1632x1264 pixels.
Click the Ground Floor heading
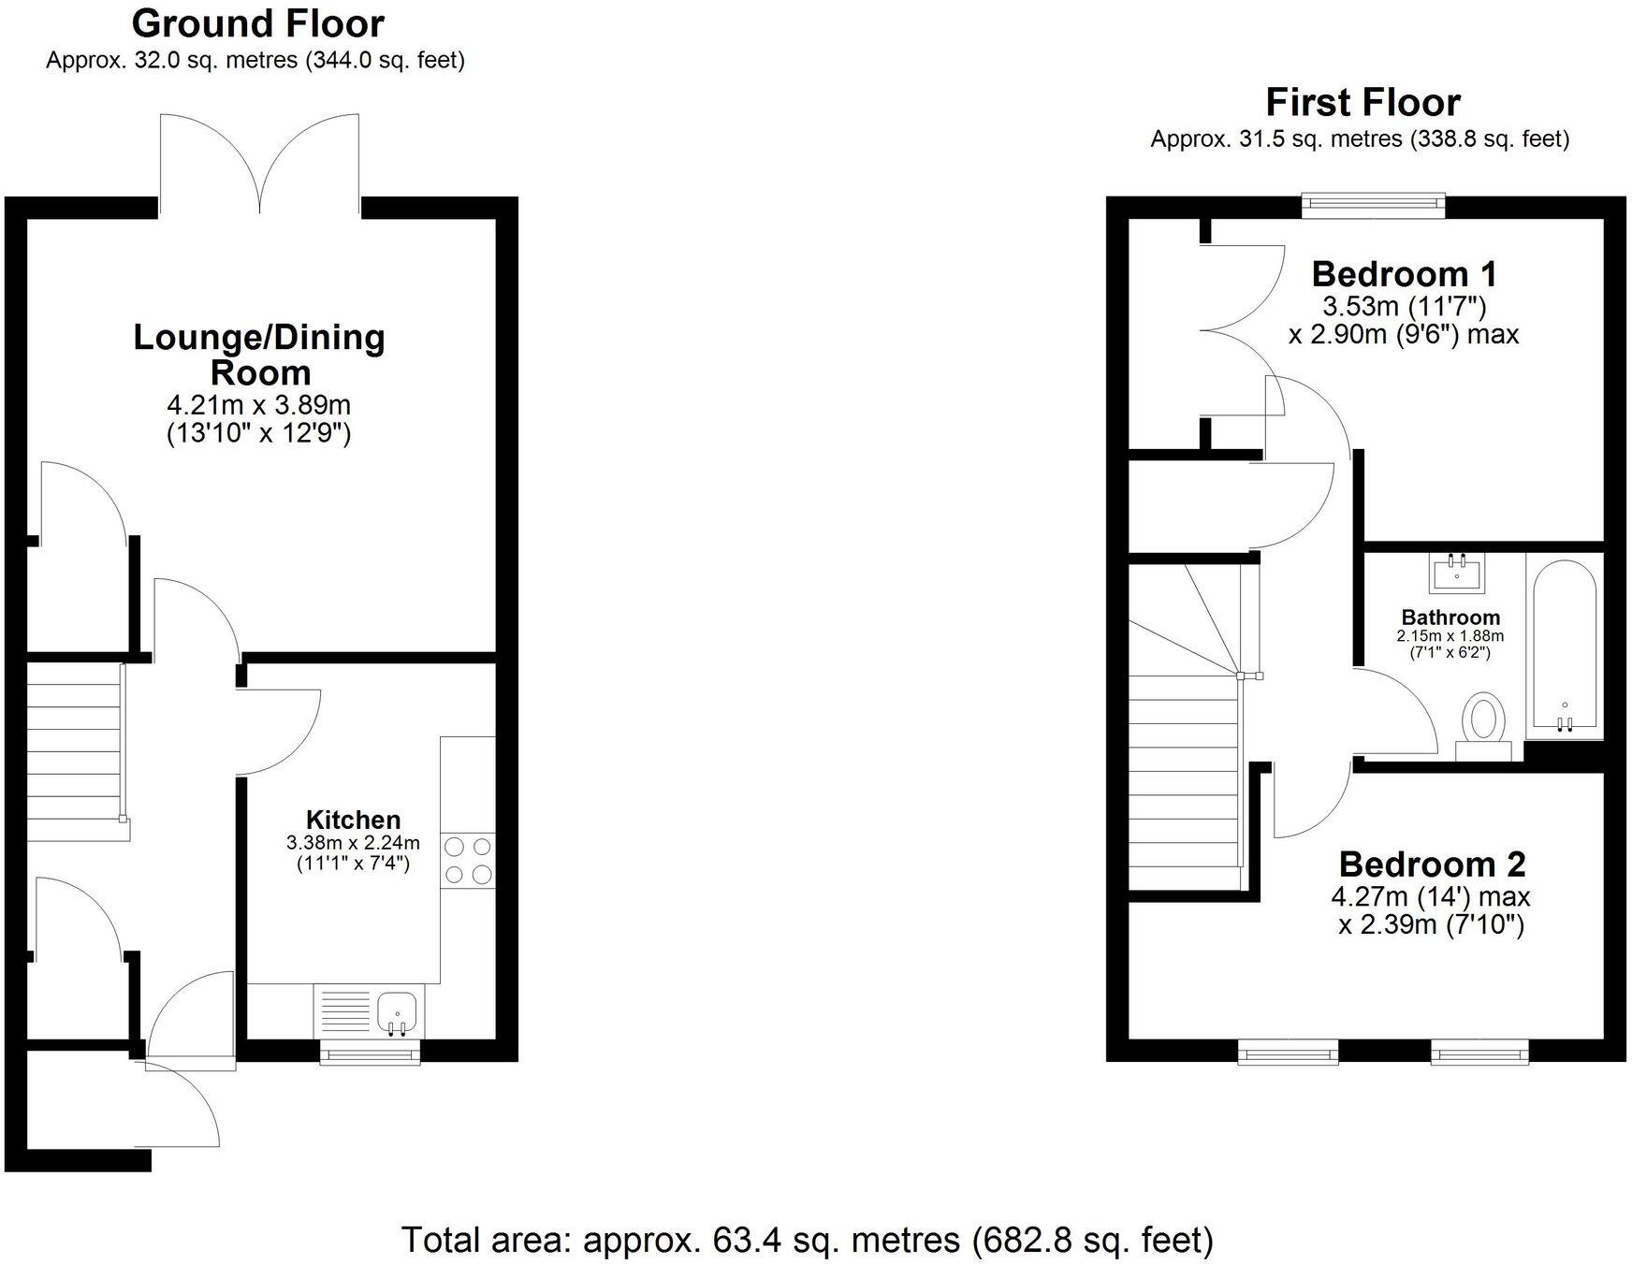click(257, 23)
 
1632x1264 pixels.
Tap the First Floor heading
click(1362, 102)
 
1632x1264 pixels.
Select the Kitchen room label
click(353, 821)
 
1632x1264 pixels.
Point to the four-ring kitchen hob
click(468, 861)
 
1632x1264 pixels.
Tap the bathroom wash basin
click(1456, 573)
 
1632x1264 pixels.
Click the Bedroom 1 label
click(1404, 274)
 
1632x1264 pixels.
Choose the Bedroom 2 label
click(1432, 864)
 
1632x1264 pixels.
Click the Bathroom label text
click(1450, 617)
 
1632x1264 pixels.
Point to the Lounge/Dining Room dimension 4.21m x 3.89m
click(258, 406)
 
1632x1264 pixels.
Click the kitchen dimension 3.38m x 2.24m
click(353, 843)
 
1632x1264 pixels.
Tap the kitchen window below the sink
click(370, 1054)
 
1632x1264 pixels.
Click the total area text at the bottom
click(807, 1241)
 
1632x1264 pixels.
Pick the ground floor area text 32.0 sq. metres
click(255, 61)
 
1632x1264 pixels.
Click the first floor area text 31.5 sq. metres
click(1359, 139)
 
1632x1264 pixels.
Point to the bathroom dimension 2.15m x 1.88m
click(1450, 636)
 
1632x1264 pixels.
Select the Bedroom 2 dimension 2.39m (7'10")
click(1432, 925)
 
